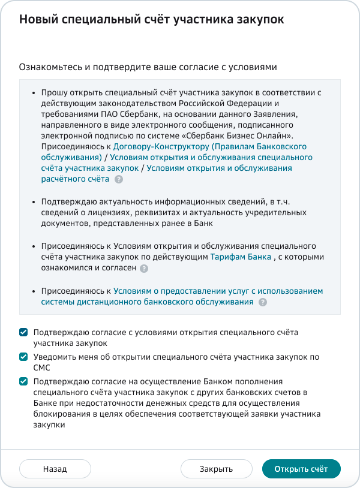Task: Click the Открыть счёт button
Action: coord(301,469)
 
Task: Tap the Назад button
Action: coord(55,469)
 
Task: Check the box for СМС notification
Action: coord(23,357)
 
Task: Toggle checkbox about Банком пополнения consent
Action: coord(23,381)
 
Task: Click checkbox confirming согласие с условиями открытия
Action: coord(23,332)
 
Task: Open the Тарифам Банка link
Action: coord(240,257)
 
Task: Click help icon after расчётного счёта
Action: coord(119,179)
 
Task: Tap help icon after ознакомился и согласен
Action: coord(143,269)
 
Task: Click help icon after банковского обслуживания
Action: coord(262,303)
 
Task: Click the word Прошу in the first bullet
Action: coord(53,92)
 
